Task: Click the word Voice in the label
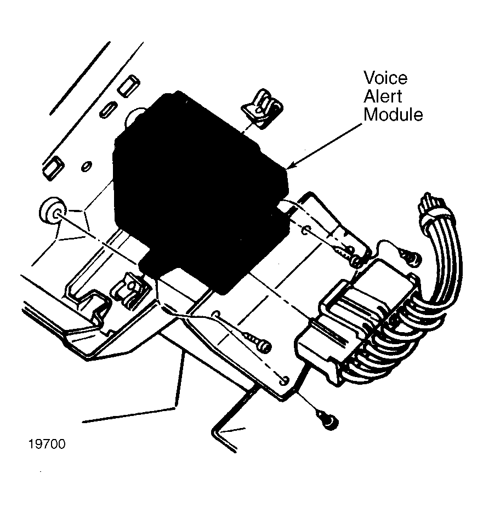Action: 385,78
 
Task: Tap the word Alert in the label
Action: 383,96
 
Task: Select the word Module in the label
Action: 393,115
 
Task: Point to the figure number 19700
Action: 47,444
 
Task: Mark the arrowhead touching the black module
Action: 291,164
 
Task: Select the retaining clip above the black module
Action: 262,108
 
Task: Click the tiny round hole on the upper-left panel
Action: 87,166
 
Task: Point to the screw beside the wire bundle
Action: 409,256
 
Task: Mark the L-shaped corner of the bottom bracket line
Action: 214,431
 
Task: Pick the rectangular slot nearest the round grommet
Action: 53,168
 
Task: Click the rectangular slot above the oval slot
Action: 129,86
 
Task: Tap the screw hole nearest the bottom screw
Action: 285,380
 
